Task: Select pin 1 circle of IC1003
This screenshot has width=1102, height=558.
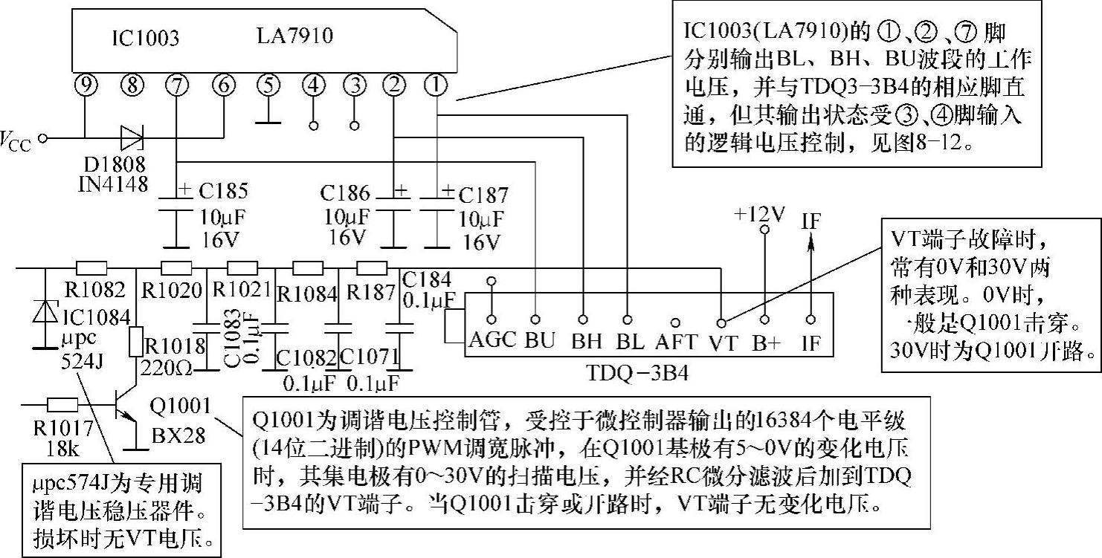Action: (436, 86)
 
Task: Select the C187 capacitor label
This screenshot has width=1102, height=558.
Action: (484, 195)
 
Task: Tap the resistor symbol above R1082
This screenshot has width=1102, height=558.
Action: (92, 268)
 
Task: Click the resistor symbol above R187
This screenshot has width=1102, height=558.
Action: (372, 268)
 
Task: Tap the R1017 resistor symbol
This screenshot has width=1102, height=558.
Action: (62, 404)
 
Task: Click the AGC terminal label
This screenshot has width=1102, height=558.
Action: (492, 341)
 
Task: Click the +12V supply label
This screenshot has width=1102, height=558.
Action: (760, 214)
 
